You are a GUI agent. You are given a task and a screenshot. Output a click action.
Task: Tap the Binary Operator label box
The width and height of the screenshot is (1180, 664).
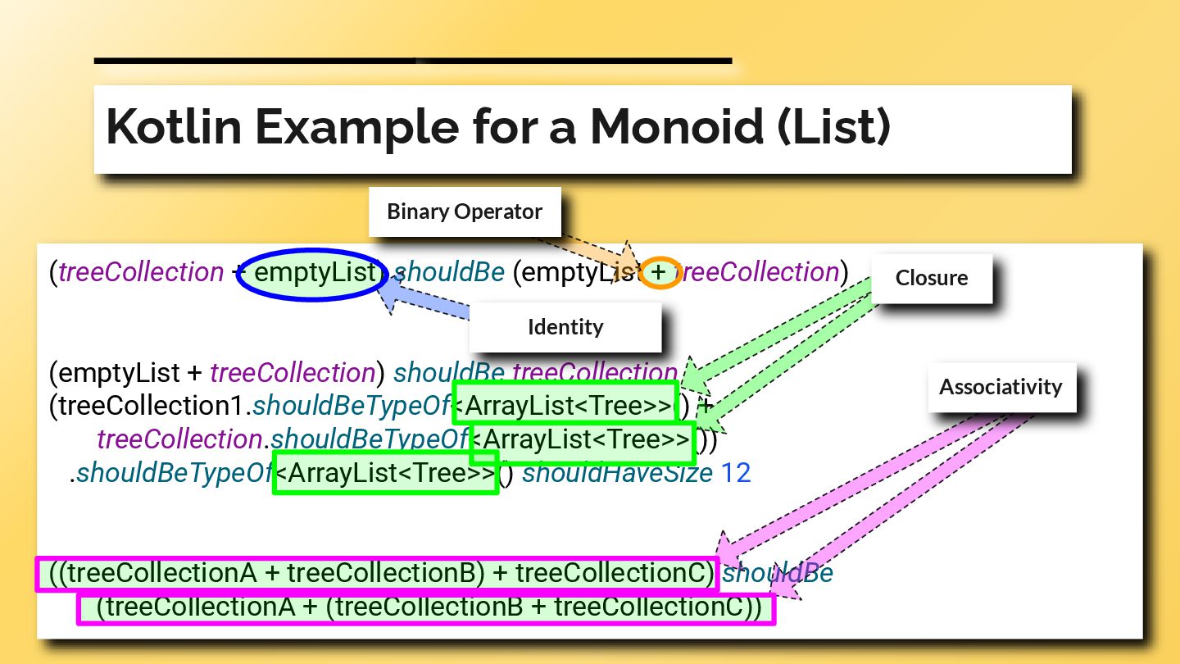465,212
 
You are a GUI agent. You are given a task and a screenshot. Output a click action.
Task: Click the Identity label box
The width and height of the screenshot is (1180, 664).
565,327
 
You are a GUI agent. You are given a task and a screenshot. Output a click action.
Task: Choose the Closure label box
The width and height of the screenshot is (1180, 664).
931,278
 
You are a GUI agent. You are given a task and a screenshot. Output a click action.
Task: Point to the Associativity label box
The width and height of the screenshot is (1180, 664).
1001,387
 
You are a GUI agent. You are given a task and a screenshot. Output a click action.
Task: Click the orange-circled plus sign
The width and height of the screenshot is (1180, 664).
660,272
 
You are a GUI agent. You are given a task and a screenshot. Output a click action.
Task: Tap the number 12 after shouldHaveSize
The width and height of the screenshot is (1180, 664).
735,473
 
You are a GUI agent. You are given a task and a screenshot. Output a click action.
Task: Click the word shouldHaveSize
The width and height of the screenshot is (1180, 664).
617,473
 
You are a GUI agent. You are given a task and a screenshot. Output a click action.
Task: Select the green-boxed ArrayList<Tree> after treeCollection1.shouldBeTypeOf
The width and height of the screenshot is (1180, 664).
565,405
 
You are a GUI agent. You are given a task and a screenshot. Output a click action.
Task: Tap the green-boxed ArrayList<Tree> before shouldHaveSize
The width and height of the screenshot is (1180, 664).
386,473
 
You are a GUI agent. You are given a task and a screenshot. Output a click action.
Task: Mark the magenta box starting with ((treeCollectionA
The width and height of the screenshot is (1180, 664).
377,574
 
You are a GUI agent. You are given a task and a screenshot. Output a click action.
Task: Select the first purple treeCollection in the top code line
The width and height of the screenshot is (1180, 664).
141,273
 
